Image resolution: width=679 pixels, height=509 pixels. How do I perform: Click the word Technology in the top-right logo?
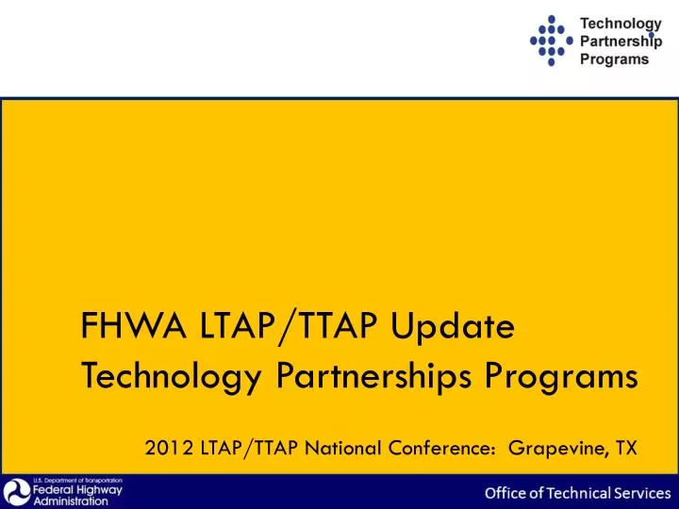619,23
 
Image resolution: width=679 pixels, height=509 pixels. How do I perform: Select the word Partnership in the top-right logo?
621,41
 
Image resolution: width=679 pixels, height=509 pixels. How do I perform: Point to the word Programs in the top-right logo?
613,58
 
